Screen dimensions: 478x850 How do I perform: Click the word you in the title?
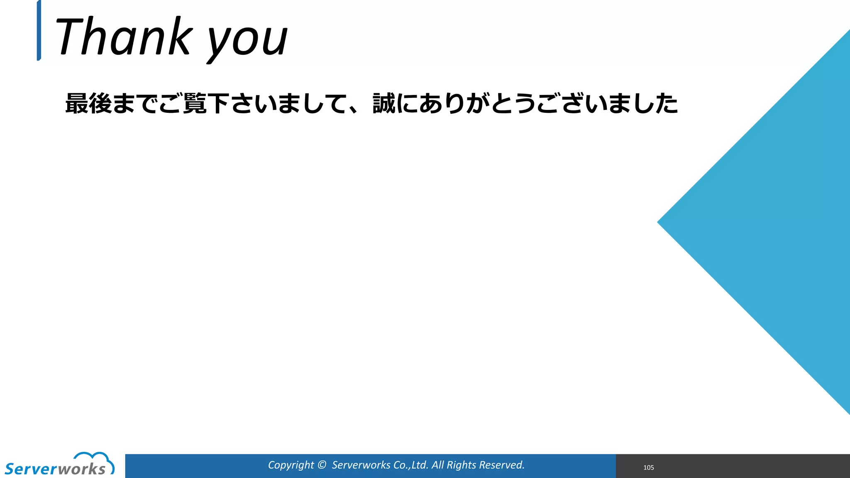[247, 41]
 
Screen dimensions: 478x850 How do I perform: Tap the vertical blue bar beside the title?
[39, 31]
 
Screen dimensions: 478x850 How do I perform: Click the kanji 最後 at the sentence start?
[88, 103]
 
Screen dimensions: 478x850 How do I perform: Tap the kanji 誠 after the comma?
[384, 103]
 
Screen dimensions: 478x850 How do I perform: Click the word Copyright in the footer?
[291, 465]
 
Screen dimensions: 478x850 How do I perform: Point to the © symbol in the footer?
[322, 465]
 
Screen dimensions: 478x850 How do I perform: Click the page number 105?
[648, 468]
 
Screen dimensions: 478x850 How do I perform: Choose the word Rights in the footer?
[460, 465]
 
